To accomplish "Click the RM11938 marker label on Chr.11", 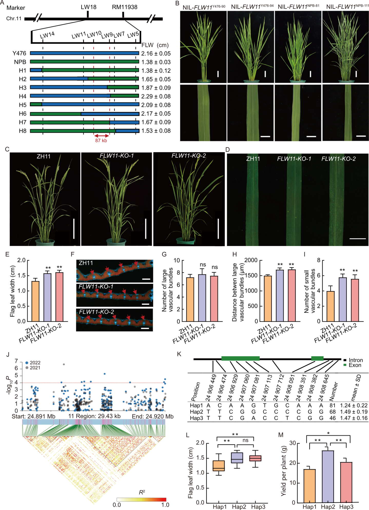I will pyautogui.click(x=125, y=7).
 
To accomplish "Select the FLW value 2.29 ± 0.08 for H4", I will pyautogui.click(x=156, y=96).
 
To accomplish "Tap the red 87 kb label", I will pyautogui.click(x=101, y=140).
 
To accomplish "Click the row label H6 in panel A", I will pyautogui.click(x=23, y=114).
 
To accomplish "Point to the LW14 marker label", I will pyautogui.click(x=47, y=35).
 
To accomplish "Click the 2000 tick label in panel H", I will pyautogui.click(x=251, y=260).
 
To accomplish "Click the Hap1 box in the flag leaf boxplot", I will pyautogui.click(x=219, y=466).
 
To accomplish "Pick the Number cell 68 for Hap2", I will pyautogui.click(x=333, y=412).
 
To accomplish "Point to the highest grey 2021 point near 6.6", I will pyautogui.click(x=64, y=364).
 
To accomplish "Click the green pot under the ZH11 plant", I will pyautogui.click(x=45, y=242).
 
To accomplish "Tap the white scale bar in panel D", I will pyautogui.click(x=357, y=239).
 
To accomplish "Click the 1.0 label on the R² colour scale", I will pyautogui.click(x=165, y=505).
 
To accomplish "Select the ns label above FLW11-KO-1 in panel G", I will pyautogui.click(x=203, y=265).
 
